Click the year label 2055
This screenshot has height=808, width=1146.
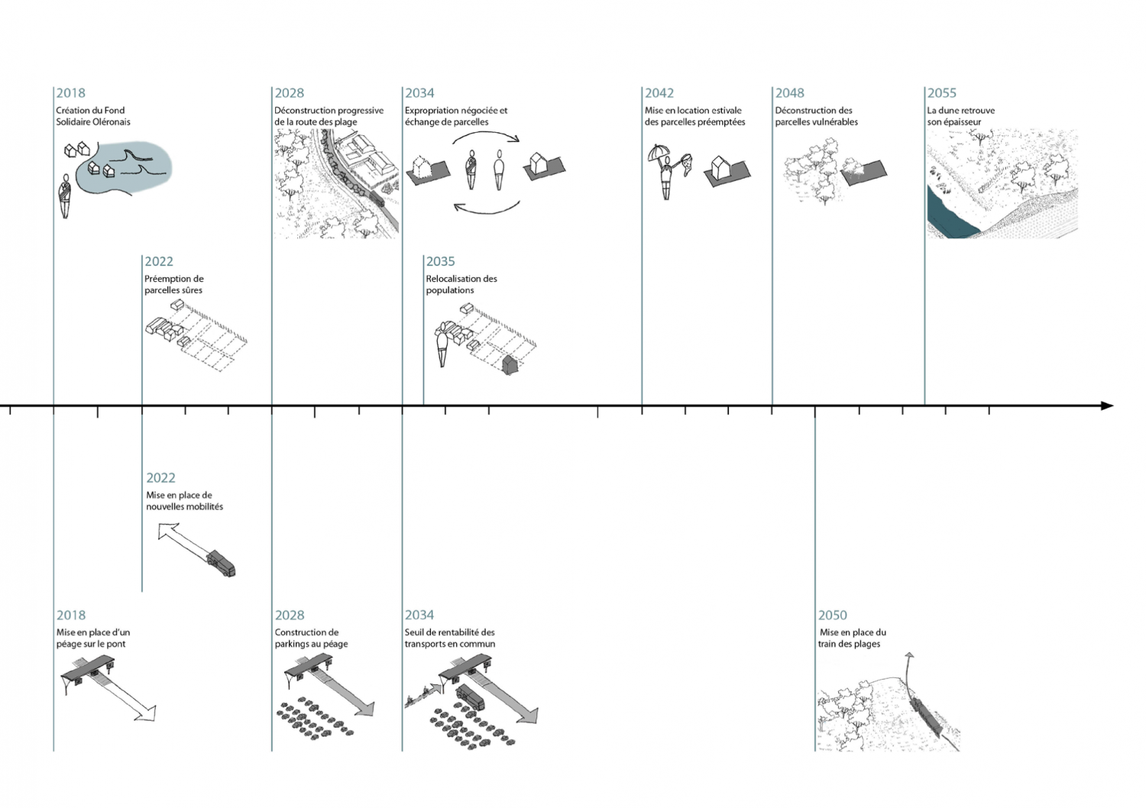[x=942, y=93]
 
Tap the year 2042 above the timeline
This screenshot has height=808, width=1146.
[x=659, y=93]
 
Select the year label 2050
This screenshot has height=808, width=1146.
[x=833, y=616]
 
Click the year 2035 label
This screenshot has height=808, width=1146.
[x=441, y=262]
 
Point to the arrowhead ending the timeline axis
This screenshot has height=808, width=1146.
[x=1106, y=406]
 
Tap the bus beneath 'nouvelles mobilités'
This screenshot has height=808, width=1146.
[x=222, y=564]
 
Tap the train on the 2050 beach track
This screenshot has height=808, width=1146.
[x=927, y=716]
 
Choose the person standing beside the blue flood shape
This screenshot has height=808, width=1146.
[x=65, y=196]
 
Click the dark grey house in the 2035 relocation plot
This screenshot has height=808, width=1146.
[x=510, y=366]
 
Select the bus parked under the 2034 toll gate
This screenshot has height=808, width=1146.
[x=470, y=697]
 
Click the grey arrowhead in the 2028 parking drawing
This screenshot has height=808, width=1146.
[x=364, y=709]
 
